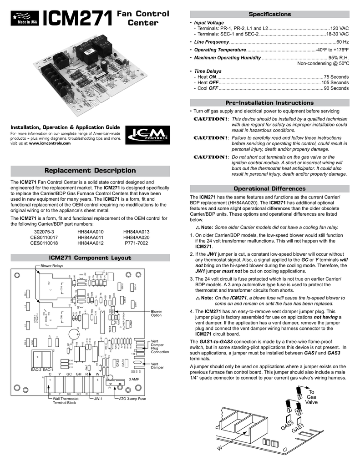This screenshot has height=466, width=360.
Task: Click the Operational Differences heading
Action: click(x=269, y=188)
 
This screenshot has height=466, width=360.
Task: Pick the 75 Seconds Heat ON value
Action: click(x=336, y=77)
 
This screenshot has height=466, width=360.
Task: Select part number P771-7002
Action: click(x=137, y=243)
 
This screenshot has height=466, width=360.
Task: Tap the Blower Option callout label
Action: click(x=157, y=313)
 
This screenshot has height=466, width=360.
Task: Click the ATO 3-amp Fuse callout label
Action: click(x=132, y=399)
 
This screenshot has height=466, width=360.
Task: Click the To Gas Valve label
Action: click(x=311, y=397)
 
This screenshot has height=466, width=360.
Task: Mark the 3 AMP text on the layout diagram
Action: click(x=135, y=379)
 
